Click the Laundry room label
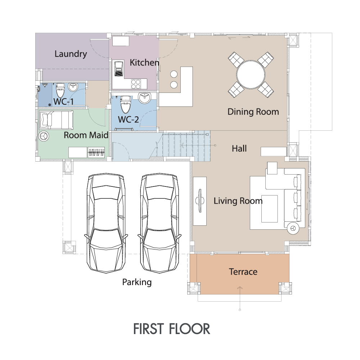71,54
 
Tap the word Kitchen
144,62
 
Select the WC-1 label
64,102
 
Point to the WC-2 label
129,120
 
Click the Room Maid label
86,135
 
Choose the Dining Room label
253,112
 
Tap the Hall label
239,149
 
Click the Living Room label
238,201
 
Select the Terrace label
243,272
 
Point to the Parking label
137,282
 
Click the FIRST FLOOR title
172,329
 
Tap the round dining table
251,75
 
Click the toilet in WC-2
126,104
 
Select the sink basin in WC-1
73,87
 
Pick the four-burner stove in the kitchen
136,84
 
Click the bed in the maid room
57,120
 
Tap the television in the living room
200,201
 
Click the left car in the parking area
106,223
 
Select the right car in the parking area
159,223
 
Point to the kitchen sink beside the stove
119,69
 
